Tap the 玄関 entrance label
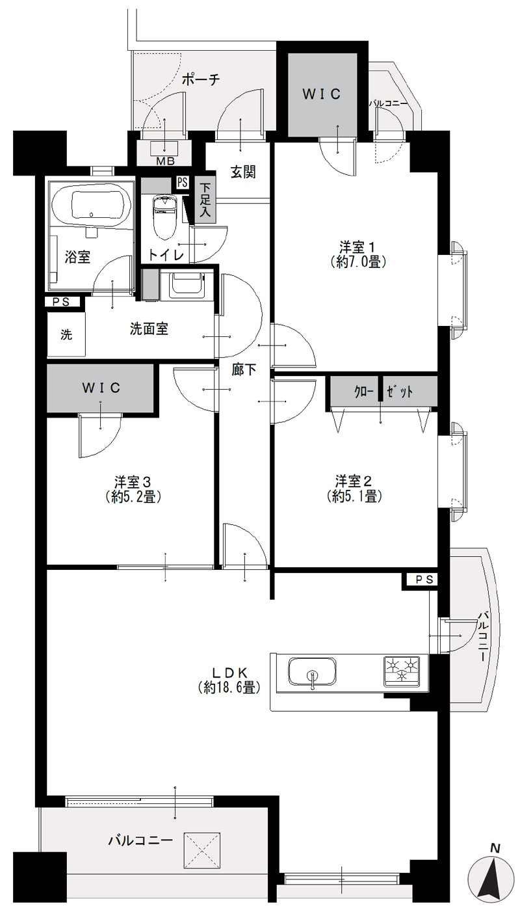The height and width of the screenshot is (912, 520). (x=243, y=172)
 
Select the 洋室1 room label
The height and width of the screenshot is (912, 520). (x=357, y=247)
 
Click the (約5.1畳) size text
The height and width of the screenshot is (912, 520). (x=354, y=496)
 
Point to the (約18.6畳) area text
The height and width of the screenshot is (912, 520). (x=229, y=810)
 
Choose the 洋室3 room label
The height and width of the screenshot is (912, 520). (x=133, y=483)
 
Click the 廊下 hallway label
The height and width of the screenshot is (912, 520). (x=244, y=369)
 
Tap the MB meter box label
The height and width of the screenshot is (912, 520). (x=166, y=161)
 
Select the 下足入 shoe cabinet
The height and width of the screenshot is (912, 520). (x=205, y=200)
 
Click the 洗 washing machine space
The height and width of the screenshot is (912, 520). (x=66, y=334)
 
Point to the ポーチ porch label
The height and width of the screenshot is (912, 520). (x=201, y=79)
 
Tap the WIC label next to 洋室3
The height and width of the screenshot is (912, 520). (x=101, y=388)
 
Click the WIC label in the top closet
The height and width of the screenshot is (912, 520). (x=321, y=94)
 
